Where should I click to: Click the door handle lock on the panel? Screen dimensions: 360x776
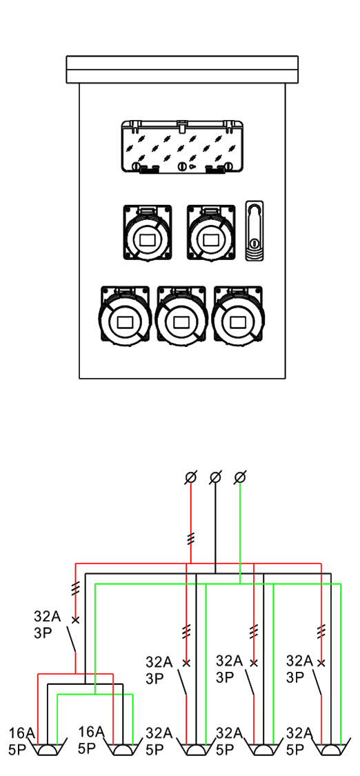point(254,230)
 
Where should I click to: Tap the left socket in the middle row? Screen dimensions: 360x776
point(148,232)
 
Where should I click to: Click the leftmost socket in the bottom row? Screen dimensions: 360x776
point(125,315)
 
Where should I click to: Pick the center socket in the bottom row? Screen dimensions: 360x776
point(181,315)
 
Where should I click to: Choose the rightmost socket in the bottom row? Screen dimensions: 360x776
point(238,315)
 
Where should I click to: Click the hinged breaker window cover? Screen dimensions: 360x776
point(182,147)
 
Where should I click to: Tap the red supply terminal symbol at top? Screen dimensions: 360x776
point(191,477)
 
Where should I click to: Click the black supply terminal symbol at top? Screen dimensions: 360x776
point(216,477)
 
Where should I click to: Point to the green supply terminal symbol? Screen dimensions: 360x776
point(240,477)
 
